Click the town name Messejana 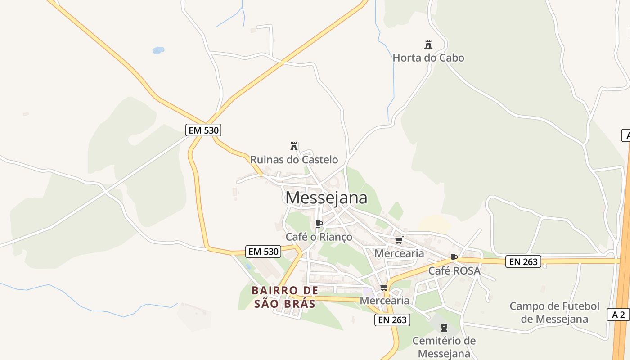coord(326,198)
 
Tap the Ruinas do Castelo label coord(294,159)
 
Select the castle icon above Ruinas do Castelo coord(294,146)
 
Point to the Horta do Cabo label coord(428,58)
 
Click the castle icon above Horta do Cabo coord(428,45)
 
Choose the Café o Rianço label coord(319,237)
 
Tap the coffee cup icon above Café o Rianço coord(319,224)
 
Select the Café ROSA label coord(454,271)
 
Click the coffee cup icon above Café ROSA coord(454,258)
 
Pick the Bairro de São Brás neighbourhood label coord(285,297)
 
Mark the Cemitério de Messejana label coord(444,346)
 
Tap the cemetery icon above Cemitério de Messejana coord(444,328)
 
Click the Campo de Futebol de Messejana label coord(554,312)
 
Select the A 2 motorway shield coord(618,315)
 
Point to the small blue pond coord(158,50)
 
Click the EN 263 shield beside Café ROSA coord(523,261)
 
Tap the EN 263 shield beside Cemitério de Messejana coord(392,320)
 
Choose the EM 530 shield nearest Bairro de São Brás coord(263,251)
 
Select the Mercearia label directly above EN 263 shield coord(385,300)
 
